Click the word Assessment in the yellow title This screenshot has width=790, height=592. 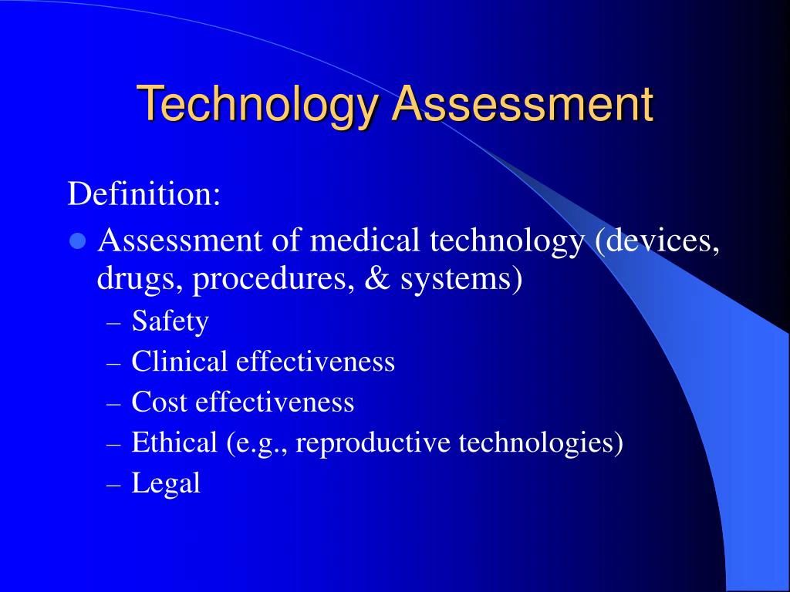pos(522,103)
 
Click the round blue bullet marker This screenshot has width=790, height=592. pos(78,241)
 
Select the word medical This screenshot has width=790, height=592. pos(365,240)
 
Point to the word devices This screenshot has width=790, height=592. pos(657,241)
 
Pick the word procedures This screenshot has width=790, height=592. pos(275,279)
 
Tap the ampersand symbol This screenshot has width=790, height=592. pos(377,277)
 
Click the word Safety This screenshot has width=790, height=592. pos(170,321)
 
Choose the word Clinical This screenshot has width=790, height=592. pos(179,361)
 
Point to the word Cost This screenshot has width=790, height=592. pos(159,402)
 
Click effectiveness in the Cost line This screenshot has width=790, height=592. pos(275,402)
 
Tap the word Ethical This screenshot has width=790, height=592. pos(174,442)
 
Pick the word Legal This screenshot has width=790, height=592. pos(167,483)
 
